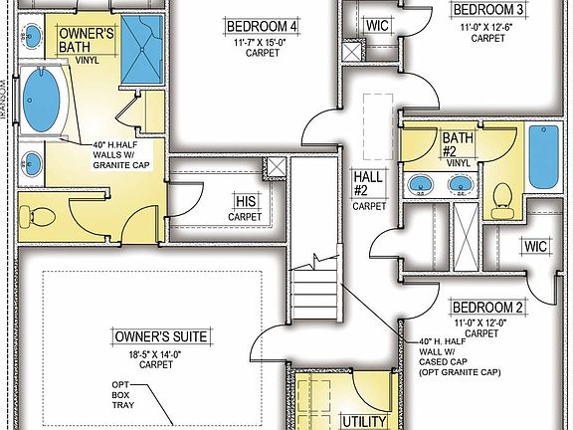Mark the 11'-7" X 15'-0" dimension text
pos(261,44)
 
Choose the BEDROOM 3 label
pos(487,10)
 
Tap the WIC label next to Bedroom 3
pos(377,24)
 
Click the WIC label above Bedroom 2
pos(535,246)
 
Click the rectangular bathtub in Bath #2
pos(543,158)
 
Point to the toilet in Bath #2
pos(503,199)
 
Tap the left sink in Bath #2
pos(420,184)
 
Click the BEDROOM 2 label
pos(486,307)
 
